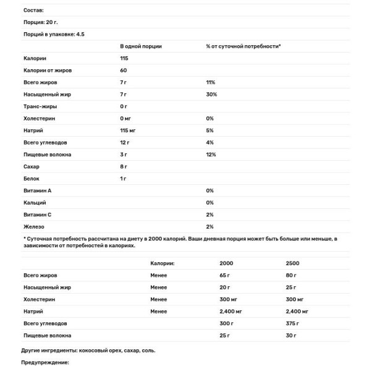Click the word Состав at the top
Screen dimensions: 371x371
[x=33, y=11]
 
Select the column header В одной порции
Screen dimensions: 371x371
[x=143, y=46]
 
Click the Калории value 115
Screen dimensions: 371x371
[x=124, y=58]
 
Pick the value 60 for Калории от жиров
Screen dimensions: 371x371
[x=124, y=70]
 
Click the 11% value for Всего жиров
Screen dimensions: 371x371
[x=210, y=82]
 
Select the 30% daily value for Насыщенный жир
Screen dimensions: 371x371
[x=211, y=95]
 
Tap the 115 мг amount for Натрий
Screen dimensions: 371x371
[x=129, y=130]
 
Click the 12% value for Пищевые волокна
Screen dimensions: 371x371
[x=211, y=155]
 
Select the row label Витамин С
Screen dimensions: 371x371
[x=38, y=215]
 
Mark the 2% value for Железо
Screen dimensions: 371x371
[x=210, y=226]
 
